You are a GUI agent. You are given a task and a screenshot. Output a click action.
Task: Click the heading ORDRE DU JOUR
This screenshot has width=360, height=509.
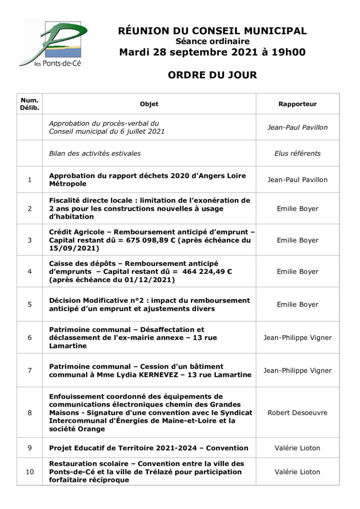[212, 75]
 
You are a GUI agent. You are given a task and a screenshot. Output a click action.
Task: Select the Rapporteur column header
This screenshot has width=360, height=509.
[297, 104]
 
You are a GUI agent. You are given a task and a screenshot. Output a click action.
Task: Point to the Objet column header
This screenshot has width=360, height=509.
[149, 104]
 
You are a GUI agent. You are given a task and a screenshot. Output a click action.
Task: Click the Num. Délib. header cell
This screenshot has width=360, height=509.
[29, 104]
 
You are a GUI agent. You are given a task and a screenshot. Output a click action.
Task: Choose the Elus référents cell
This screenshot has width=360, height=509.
[297, 154]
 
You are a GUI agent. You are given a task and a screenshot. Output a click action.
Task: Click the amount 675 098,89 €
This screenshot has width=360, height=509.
[150, 240]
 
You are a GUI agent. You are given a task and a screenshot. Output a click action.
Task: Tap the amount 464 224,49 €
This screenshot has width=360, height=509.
[207, 271]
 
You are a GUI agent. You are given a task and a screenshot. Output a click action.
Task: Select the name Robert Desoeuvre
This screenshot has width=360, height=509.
[297, 413]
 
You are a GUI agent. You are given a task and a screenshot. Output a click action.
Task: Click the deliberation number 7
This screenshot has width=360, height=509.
[29, 370]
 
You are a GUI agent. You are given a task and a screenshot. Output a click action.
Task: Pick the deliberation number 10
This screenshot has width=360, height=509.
[29, 472]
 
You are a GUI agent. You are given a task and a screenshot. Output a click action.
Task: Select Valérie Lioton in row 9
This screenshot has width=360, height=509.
[297, 448]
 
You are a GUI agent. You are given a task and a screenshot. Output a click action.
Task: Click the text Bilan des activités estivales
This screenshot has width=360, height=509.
[94, 154]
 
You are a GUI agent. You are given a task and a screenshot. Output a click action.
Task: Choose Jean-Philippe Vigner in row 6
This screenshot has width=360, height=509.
[297, 338]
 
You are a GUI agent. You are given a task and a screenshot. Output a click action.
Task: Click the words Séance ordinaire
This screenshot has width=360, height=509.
[212, 42]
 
